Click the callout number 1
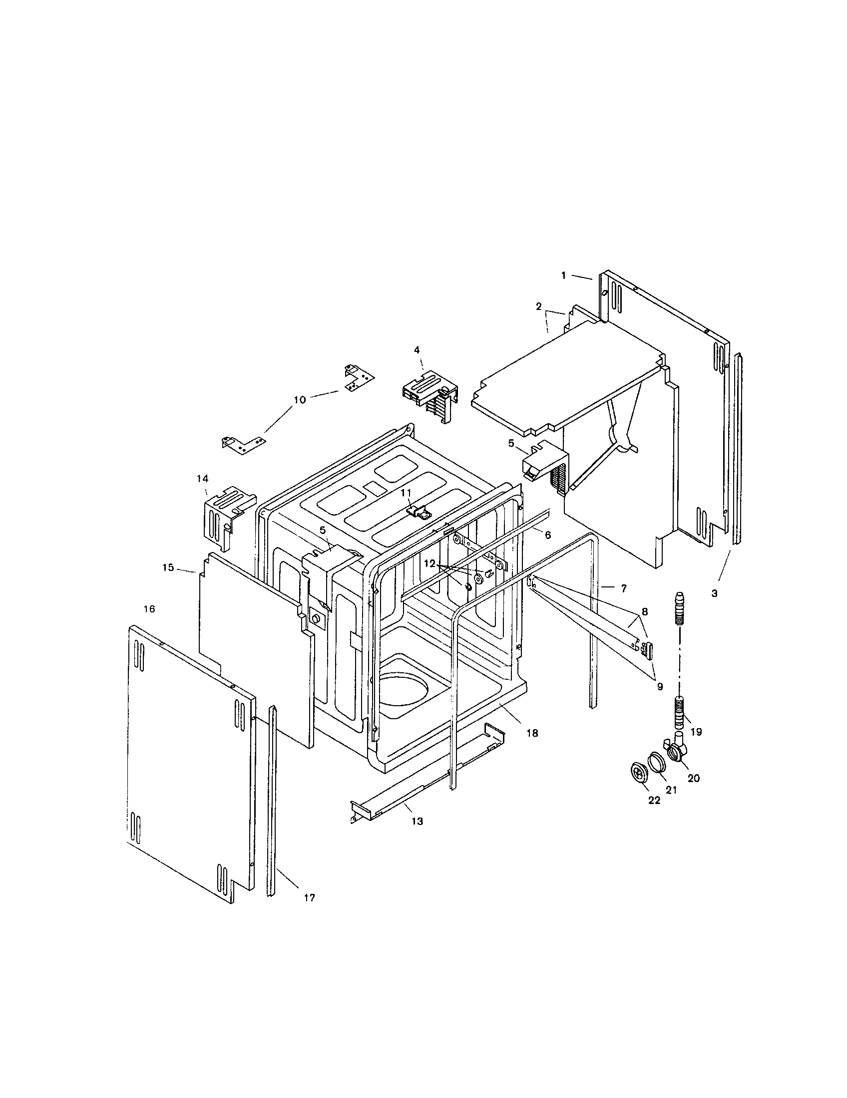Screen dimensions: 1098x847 tap(564, 275)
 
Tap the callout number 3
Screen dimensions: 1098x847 tap(714, 593)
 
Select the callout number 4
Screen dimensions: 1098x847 tap(417, 349)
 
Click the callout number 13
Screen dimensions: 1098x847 tap(417, 822)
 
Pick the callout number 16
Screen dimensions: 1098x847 tap(149, 609)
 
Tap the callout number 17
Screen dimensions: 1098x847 tap(309, 897)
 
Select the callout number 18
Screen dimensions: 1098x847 tap(532, 734)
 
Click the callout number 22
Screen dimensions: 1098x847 tap(654, 801)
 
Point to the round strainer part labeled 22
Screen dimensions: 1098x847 tap(639, 773)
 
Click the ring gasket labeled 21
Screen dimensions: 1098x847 tap(657, 762)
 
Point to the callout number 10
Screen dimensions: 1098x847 tap(299, 400)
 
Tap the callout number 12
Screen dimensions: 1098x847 tap(429, 564)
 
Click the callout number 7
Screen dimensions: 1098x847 tap(624, 587)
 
